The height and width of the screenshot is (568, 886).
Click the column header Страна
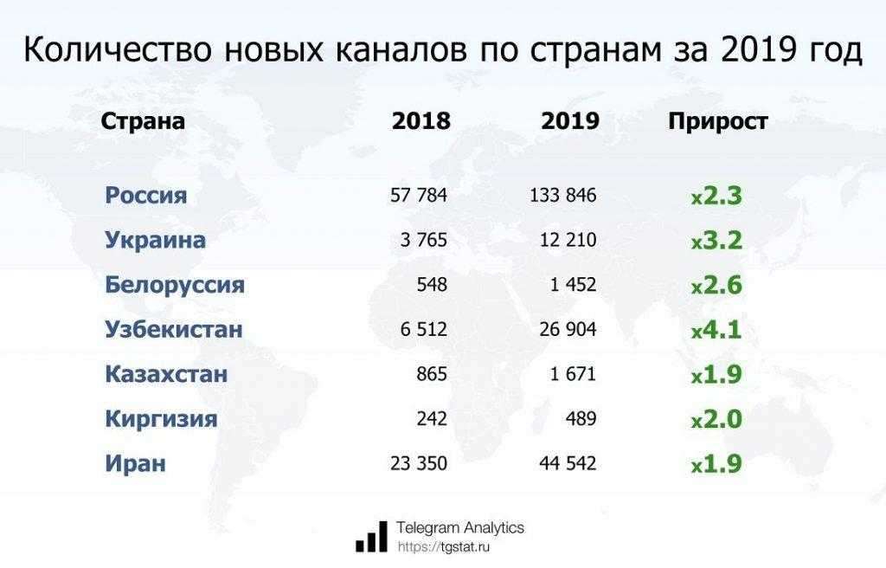coord(143,121)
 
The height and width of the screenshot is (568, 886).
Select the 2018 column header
coord(421,121)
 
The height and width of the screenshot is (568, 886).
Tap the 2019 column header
coord(570,121)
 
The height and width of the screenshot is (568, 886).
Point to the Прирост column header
coord(717,121)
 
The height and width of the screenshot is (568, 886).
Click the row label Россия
coord(146,195)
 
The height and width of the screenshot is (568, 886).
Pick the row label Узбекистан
coord(173,330)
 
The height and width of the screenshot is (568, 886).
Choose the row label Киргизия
coord(161,419)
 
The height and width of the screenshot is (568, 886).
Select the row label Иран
coord(135,464)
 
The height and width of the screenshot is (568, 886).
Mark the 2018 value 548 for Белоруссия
coord(431,285)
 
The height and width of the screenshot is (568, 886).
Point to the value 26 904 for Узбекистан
coord(563,330)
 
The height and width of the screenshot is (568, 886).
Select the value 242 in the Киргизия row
coord(431,419)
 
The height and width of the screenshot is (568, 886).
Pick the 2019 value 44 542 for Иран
coord(563,464)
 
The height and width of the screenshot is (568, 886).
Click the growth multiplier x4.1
coord(716,330)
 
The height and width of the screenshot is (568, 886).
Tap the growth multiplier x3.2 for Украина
coord(716,240)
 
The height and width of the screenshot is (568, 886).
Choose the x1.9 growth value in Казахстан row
coord(716,375)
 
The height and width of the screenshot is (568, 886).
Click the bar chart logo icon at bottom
coord(371,537)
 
